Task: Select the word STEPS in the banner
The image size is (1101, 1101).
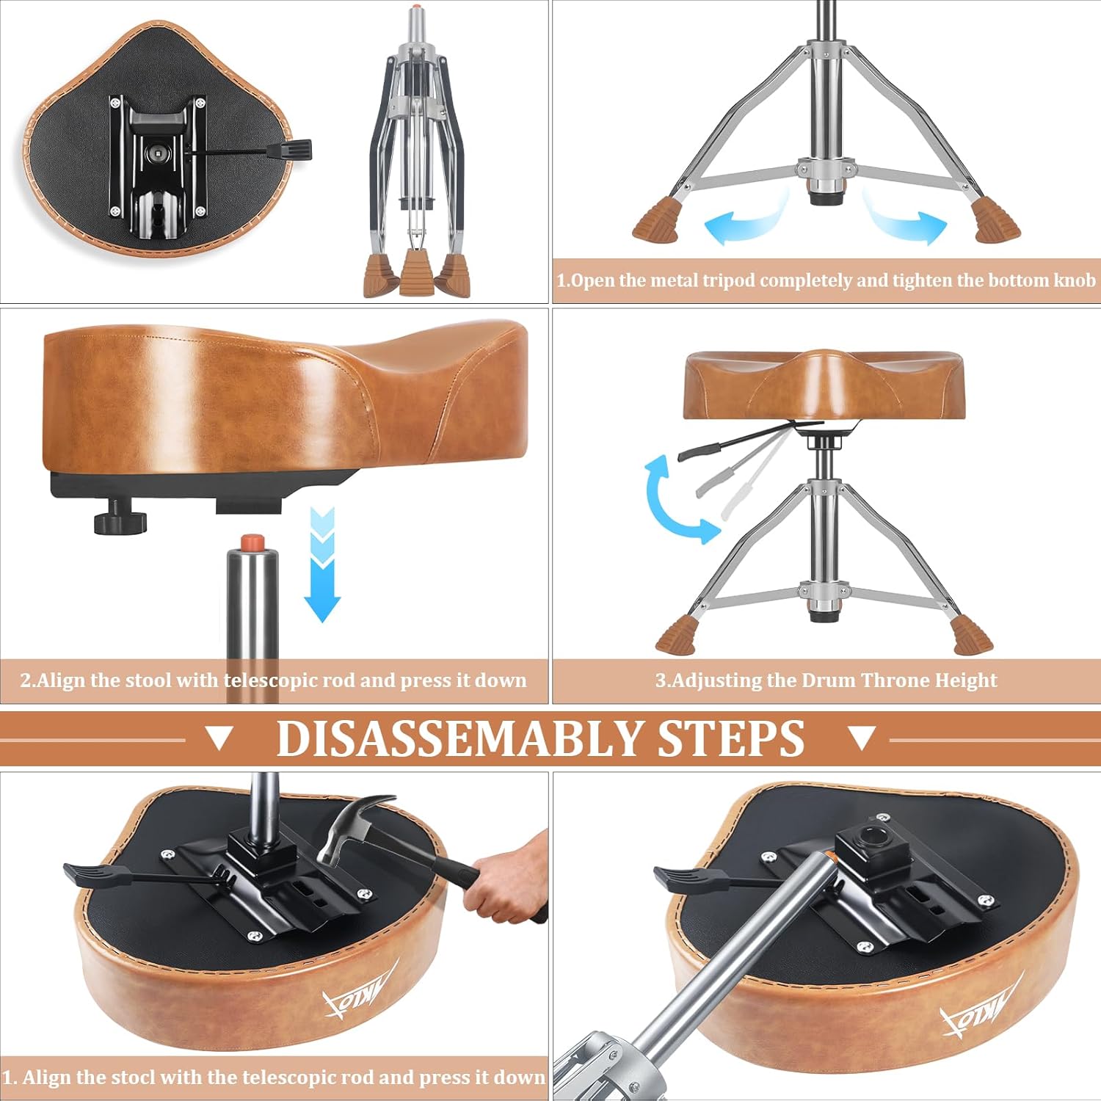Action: point(731,738)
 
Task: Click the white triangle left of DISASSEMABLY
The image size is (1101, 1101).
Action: point(219,738)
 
